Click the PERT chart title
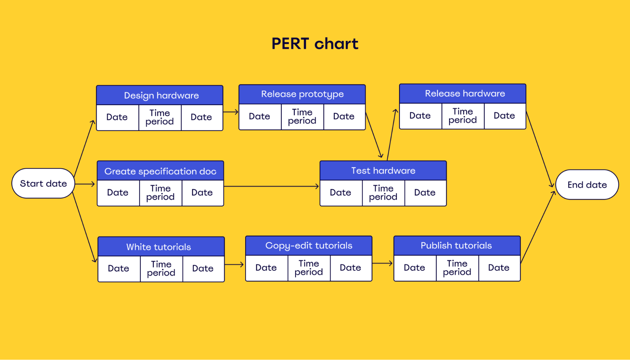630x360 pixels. click(315, 43)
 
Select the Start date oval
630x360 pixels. click(43, 183)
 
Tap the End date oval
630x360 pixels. click(587, 185)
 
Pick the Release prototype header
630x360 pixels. click(302, 94)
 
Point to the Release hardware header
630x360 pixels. click(462, 93)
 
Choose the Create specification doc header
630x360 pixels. click(160, 171)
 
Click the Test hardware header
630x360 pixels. click(383, 170)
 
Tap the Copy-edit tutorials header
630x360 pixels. click(309, 245)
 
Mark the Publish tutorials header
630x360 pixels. click(457, 245)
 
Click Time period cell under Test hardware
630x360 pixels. click(383, 193)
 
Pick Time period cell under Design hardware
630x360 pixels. click(160, 117)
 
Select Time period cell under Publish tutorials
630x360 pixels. click(457, 268)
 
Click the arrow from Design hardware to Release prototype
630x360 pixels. click(231, 112)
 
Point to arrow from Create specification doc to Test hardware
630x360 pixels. click(271, 186)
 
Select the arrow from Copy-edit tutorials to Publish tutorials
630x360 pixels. click(382, 263)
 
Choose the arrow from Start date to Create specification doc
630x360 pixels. click(85, 184)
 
